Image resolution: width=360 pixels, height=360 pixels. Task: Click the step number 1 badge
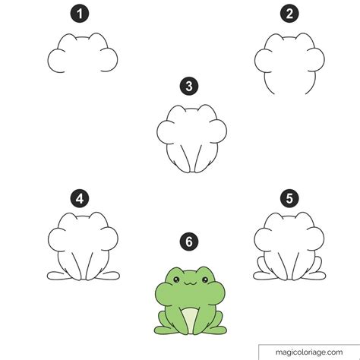(80, 14)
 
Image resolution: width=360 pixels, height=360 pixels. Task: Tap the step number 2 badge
(289, 14)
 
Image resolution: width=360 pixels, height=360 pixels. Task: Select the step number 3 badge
(189, 86)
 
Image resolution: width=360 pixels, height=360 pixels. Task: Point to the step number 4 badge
(80, 198)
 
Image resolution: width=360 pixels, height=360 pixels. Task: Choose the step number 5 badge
(289, 198)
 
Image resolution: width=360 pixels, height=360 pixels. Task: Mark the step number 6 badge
(189, 242)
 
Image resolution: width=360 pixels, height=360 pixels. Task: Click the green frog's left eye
(176, 279)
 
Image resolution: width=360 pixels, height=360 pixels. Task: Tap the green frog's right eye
(205, 279)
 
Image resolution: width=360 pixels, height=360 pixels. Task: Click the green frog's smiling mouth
(191, 283)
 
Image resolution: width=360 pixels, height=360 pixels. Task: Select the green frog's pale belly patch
(190, 320)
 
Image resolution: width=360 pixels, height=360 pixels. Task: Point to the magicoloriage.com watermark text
(309, 352)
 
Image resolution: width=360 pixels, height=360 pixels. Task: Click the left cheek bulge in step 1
(55, 61)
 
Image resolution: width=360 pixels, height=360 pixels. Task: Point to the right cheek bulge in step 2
(317, 60)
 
